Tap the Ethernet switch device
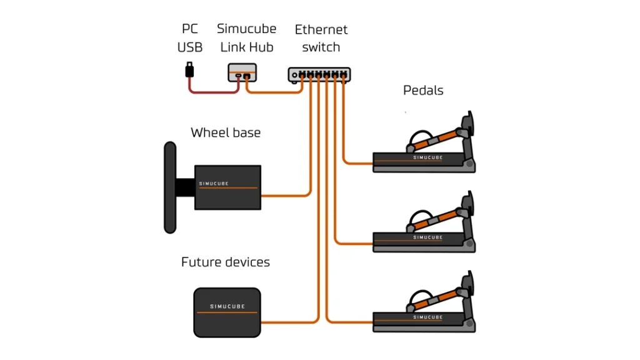click(319, 75)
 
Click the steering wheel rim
click(169, 187)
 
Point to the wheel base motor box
click(227, 187)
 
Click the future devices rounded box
click(227, 312)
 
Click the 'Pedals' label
click(423, 91)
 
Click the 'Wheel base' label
click(226, 132)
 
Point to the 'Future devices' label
click(226, 262)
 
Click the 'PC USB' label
click(190, 38)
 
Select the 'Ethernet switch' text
click(321, 38)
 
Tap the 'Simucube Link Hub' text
click(246, 38)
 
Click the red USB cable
click(212, 93)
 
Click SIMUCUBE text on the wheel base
click(214, 184)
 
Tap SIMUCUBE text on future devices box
click(227, 307)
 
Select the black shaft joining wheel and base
click(185, 187)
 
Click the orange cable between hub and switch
click(275, 93)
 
